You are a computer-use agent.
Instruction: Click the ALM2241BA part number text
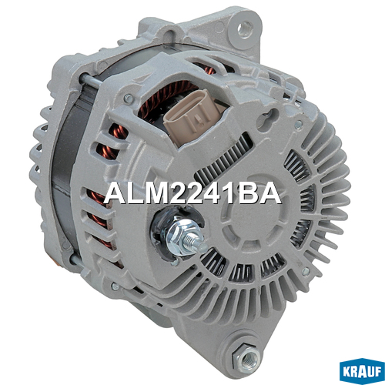coord(192,193)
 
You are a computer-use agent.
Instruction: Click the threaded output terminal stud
coord(195,243)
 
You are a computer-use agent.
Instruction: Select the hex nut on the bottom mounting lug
coord(247,357)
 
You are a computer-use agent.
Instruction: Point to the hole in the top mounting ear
coord(245,28)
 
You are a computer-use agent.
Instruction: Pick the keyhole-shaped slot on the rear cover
coord(269,117)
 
